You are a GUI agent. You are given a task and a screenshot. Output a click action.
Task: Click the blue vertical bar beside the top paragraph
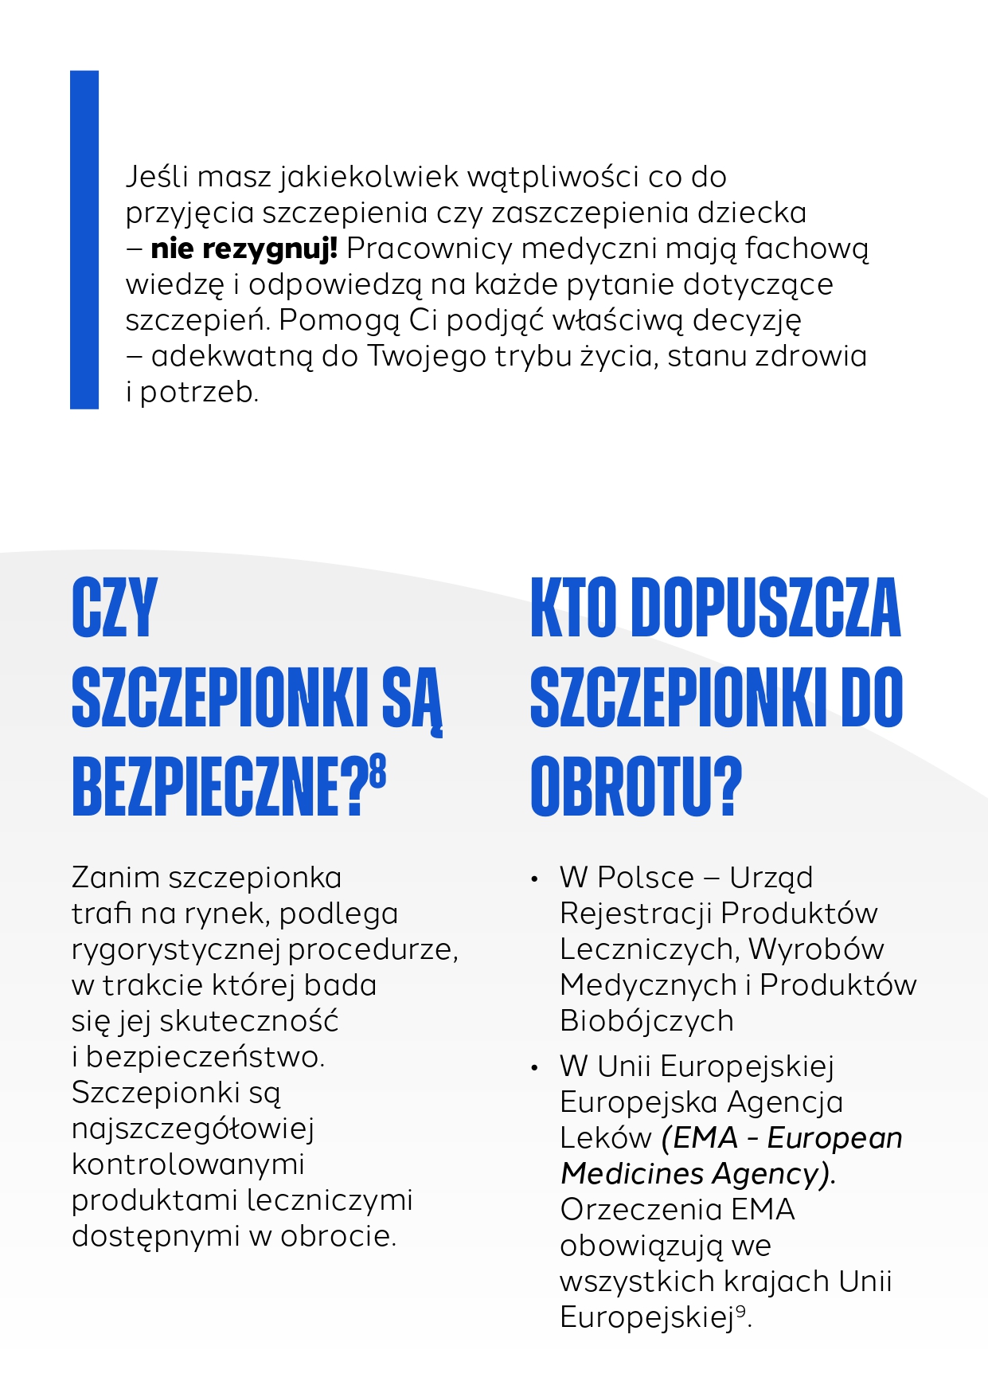pyautogui.click(x=84, y=239)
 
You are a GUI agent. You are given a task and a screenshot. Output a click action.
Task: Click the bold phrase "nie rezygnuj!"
pyautogui.click(x=244, y=248)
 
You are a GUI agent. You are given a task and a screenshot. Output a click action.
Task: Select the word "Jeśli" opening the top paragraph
pyautogui.click(x=156, y=177)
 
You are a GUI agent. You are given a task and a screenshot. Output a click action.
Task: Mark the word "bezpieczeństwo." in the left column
pyautogui.click(x=205, y=1057)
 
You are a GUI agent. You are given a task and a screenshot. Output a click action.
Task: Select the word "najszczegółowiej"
pyautogui.click(x=193, y=1129)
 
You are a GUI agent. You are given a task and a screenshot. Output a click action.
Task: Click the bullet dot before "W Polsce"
pyautogui.click(x=535, y=879)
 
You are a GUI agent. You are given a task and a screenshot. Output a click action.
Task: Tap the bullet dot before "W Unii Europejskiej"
pyautogui.click(x=535, y=1068)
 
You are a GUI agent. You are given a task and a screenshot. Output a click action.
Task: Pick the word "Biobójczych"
pyautogui.click(x=646, y=1021)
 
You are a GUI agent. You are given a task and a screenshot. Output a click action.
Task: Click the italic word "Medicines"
pyautogui.click(x=632, y=1173)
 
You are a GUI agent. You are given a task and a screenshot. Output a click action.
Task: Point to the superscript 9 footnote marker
pyautogui.click(x=740, y=1310)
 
